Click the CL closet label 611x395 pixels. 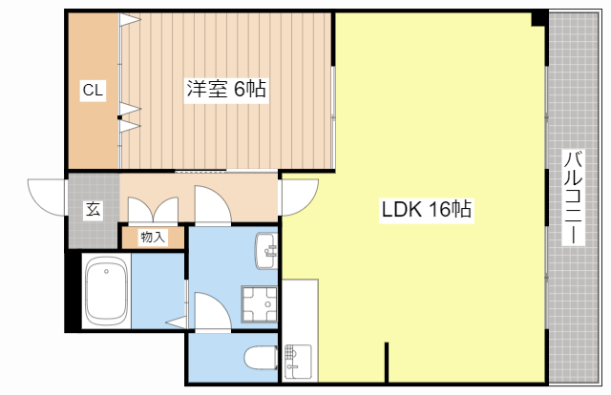click(x=93, y=91)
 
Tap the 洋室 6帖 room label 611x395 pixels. click(x=225, y=91)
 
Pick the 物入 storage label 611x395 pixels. click(x=153, y=237)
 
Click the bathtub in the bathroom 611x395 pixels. click(x=106, y=292)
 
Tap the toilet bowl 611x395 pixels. click(x=260, y=357)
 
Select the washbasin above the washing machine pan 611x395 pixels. click(x=266, y=251)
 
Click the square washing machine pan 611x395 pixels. click(x=259, y=303)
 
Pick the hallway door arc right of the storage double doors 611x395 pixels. click(x=209, y=204)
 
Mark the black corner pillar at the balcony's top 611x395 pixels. click(x=539, y=17)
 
